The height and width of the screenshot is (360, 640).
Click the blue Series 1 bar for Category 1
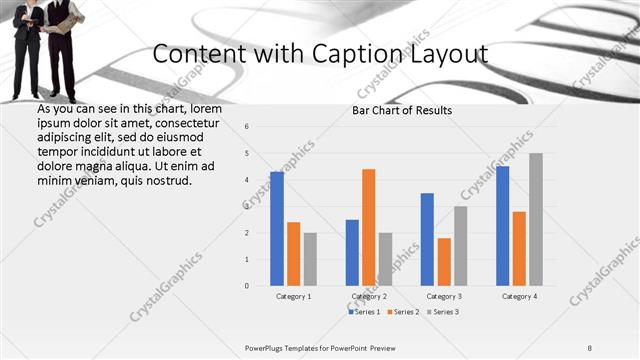click(277, 229)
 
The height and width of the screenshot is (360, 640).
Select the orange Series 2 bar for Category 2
click(368, 227)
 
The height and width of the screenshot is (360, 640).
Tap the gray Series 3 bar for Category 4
click(536, 220)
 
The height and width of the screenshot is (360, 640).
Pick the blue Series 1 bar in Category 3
click(427, 239)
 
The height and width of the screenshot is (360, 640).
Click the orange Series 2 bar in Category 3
click(443, 262)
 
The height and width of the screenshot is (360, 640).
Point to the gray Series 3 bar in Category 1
click(310, 259)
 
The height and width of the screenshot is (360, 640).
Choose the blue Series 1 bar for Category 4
click(502, 226)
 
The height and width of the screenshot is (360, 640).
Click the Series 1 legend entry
click(365, 312)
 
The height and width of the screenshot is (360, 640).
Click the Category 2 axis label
click(369, 297)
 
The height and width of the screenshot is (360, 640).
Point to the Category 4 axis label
click(519, 297)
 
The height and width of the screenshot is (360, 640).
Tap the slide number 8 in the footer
click(589, 347)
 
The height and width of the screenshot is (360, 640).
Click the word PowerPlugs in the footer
click(266, 347)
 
